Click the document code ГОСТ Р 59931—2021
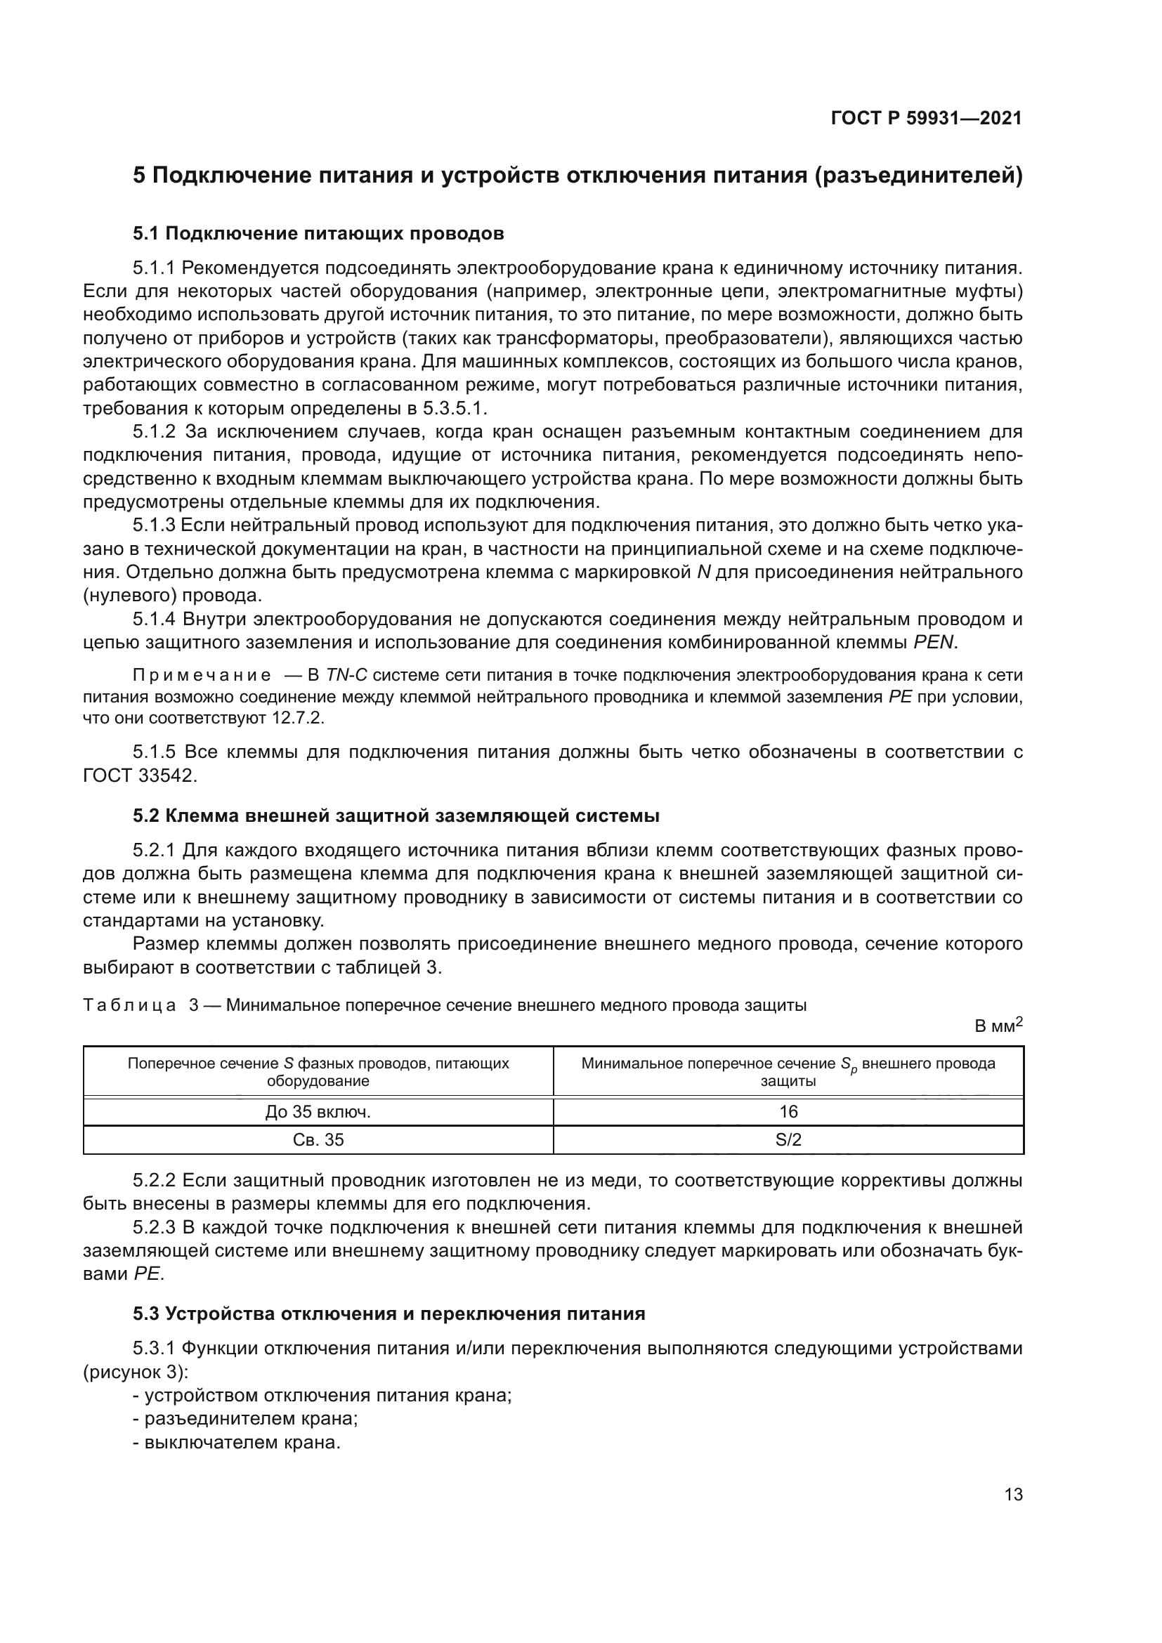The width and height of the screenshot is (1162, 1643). pyautogui.click(x=926, y=118)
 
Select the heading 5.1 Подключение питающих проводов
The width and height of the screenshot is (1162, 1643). pyautogui.click(x=318, y=233)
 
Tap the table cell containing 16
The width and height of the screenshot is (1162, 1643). pyautogui.click(x=788, y=1111)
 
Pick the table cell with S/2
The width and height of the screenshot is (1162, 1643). pyautogui.click(x=788, y=1139)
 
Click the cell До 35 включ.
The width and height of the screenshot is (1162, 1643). pyautogui.click(x=318, y=1111)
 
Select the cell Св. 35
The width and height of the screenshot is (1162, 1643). pyautogui.click(x=318, y=1139)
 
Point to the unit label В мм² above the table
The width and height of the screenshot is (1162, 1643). pyautogui.click(x=998, y=1026)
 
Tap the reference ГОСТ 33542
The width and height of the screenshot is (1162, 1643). pyautogui.click(x=139, y=775)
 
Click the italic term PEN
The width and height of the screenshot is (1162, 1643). pyautogui.click(x=934, y=642)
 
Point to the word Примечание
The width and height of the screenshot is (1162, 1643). pyautogui.click(x=202, y=675)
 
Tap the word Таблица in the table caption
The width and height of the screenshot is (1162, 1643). pyautogui.click(x=129, y=1004)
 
